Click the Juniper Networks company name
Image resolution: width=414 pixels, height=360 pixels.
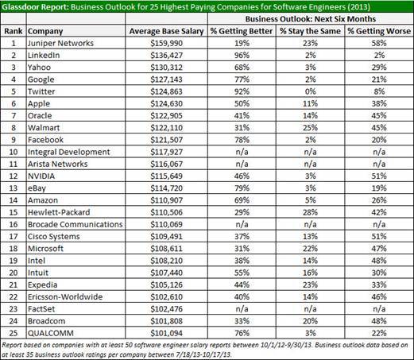click(x=60, y=43)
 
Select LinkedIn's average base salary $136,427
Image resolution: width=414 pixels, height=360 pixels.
click(x=166, y=56)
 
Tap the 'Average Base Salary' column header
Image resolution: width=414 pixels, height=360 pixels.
click(x=166, y=31)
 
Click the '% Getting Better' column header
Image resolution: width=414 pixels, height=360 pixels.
click(x=242, y=31)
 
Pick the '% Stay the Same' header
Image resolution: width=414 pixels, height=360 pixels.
click(x=310, y=31)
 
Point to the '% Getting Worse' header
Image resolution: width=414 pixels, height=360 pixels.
click(x=379, y=31)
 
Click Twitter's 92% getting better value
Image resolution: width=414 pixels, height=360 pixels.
click(x=242, y=91)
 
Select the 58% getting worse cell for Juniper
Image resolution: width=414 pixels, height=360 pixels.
click(x=379, y=43)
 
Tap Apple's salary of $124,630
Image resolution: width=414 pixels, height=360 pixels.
click(x=166, y=103)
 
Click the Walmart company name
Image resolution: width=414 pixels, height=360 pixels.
click(x=44, y=128)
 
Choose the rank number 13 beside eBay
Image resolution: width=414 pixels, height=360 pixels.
click(x=14, y=188)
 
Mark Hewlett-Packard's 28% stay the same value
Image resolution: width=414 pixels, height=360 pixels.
click(x=310, y=212)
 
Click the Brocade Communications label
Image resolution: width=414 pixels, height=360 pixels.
click(x=75, y=225)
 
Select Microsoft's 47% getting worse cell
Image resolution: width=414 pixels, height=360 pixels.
click(x=379, y=249)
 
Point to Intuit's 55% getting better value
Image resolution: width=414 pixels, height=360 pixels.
click(x=242, y=273)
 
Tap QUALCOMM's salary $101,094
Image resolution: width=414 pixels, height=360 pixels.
click(x=166, y=333)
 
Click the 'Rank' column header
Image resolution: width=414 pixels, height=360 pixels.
click(x=14, y=31)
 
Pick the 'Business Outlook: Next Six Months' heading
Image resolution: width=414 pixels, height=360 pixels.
click(x=311, y=19)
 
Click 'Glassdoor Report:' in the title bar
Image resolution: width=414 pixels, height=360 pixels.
click(x=35, y=6)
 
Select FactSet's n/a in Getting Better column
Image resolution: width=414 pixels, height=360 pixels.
click(x=242, y=309)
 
